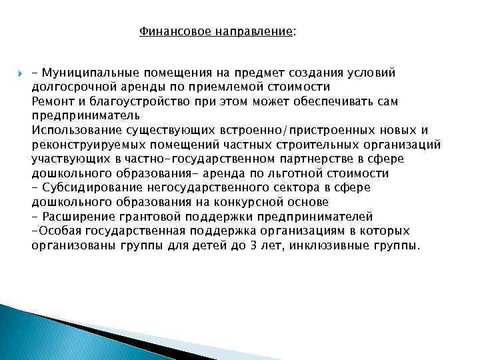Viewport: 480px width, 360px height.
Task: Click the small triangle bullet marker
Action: (19, 72)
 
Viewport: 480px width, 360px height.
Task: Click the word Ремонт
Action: (51, 101)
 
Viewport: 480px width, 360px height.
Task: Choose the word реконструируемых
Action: (84, 144)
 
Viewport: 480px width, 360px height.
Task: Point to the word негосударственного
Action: (204, 187)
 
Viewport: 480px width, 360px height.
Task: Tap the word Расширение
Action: (77, 216)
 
